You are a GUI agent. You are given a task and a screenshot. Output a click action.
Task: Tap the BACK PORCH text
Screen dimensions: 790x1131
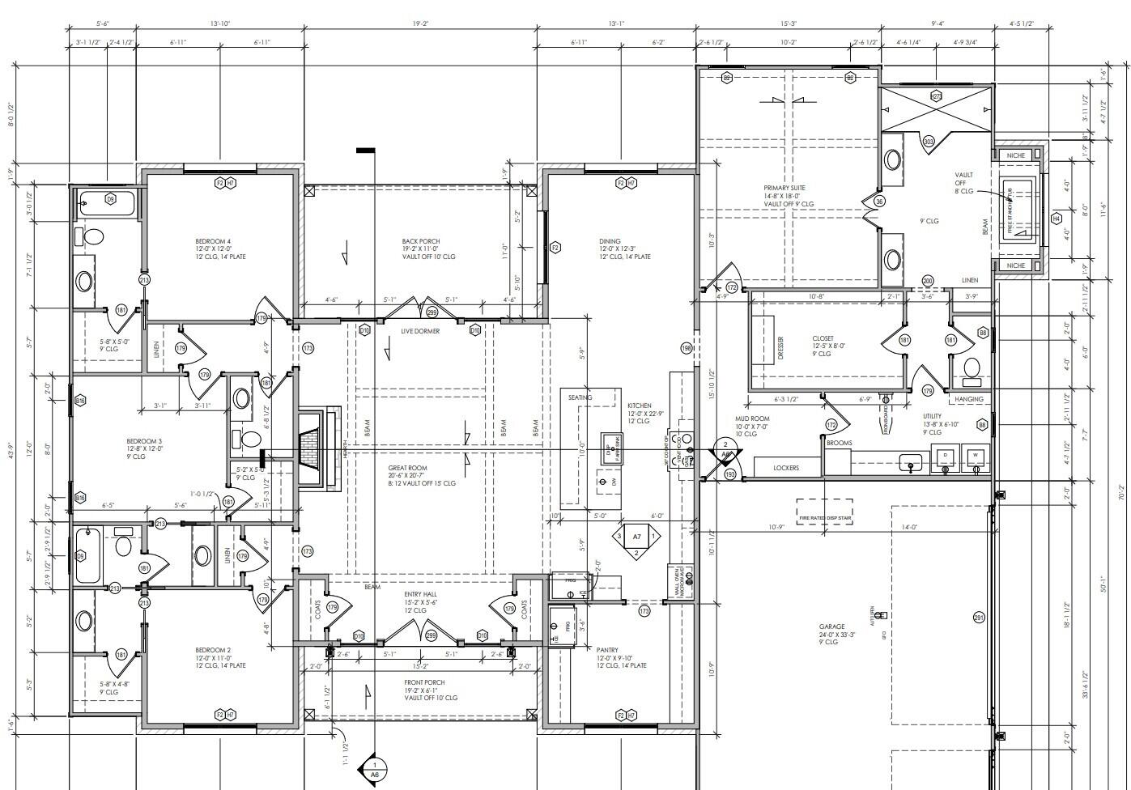click(420, 241)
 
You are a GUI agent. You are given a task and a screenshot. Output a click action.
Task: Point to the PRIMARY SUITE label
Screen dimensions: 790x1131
click(781, 188)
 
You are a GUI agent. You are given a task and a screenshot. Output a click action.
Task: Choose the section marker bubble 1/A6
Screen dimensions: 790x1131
click(374, 769)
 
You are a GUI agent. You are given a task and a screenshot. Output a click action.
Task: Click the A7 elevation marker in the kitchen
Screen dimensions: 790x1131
click(636, 537)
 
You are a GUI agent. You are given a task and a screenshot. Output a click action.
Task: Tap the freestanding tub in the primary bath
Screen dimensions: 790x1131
click(1018, 209)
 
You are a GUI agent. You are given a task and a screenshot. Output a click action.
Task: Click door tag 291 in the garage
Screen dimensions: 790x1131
click(978, 618)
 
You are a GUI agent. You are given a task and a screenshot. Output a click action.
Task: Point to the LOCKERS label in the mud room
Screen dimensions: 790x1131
click(785, 468)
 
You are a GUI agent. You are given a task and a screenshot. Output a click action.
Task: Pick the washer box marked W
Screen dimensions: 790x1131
click(975, 456)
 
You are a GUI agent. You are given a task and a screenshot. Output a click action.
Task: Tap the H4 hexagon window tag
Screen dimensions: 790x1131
click(1056, 219)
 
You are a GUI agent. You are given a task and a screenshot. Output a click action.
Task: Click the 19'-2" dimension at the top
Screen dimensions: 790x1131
click(419, 24)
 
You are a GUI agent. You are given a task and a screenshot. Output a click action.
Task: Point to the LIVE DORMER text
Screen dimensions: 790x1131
click(420, 331)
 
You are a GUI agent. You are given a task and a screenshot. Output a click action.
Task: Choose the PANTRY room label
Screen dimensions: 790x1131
click(607, 650)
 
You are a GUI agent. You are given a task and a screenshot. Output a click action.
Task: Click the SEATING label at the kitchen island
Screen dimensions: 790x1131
click(580, 397)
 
